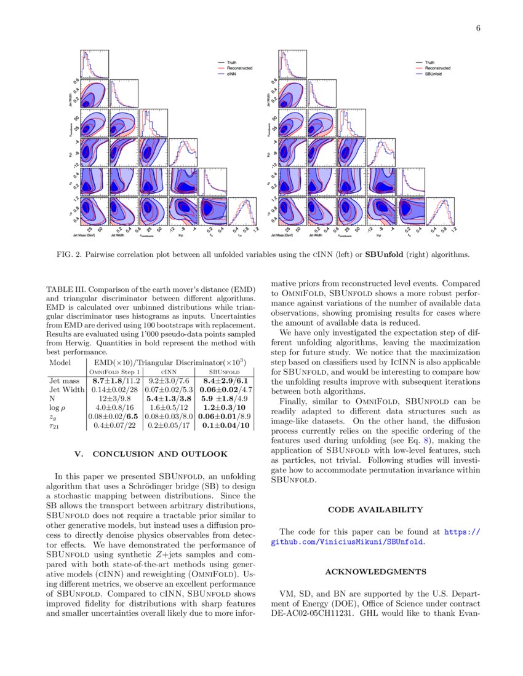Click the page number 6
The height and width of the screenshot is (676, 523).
click(x=477, y=28)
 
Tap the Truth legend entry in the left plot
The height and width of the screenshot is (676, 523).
click(x=232, y=62)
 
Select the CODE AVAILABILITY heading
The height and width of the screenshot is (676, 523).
click(x=375, y=509)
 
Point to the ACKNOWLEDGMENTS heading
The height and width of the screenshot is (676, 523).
click(x=375, y=572)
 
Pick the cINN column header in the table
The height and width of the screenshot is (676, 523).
click(x=169, y=372)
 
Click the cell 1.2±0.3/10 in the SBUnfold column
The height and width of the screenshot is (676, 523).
click(x=224, y=407)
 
